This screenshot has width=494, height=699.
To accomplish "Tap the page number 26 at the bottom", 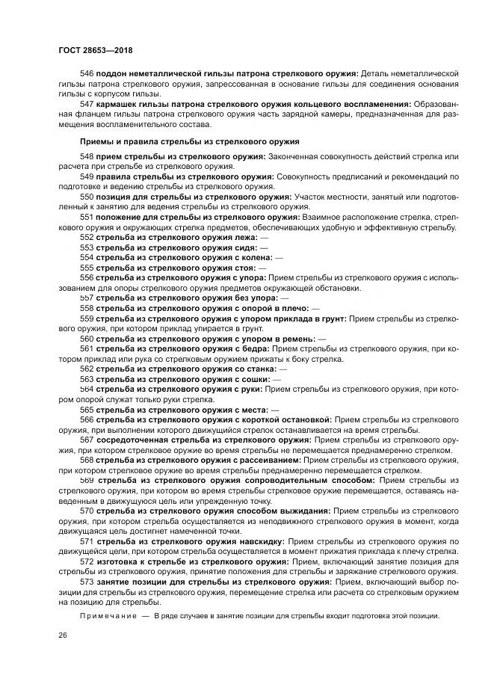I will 61,635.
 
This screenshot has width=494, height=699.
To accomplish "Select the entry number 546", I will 87,73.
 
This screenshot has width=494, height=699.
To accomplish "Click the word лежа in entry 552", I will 243,237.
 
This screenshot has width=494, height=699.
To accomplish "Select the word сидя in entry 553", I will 244,247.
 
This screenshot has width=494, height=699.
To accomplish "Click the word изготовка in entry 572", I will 116,561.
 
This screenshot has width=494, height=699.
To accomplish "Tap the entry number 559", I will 87,318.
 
